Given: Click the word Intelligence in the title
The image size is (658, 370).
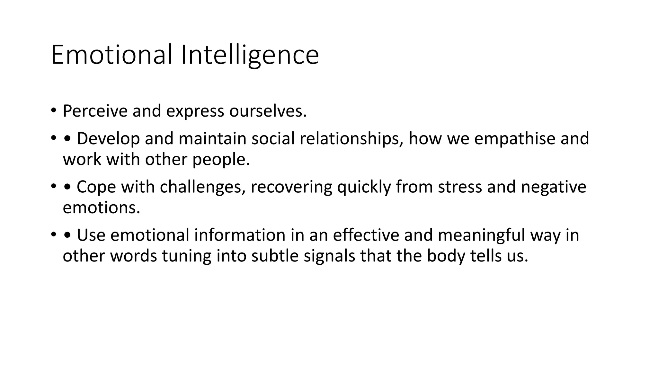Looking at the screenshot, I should click(x=250, y=55).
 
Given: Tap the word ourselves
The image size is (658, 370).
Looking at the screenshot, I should click(x=268, y=111).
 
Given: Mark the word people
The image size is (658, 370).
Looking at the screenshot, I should click(x=221, y=159).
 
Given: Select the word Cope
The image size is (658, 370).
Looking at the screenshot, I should click(x=96, y=187).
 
